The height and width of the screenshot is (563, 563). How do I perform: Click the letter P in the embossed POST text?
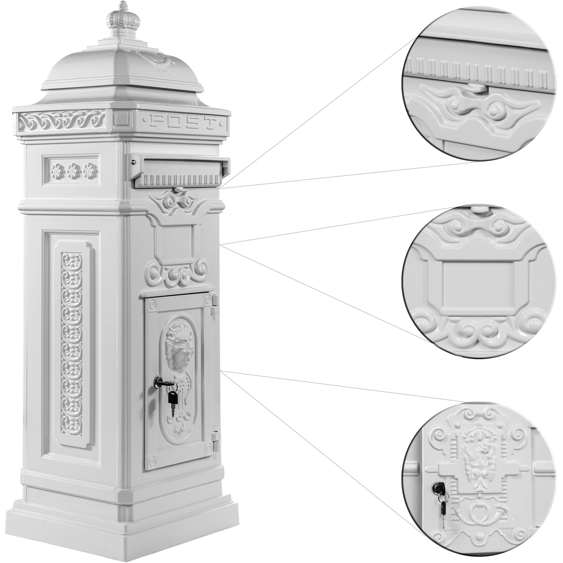[155, 120]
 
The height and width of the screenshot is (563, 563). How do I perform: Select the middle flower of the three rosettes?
[73, 170]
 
